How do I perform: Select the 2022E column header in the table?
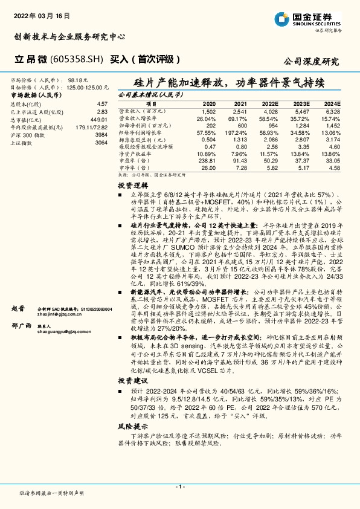pyautogui.click(x=269, y=104)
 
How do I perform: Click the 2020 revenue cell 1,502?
pyautogui.click(x=208, y=112)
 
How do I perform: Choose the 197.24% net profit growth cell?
pyautogui.click(x=238, y=132)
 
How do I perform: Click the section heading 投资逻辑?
pyautogui.click(x=132, y=186)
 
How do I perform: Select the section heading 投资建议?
pyautogui.click(x=132, y=381)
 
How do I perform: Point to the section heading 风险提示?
pyautogui.click(x=132, y=426)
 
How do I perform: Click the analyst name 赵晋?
pyautogui.click(x=19, y=308)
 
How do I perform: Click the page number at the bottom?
pyautogui.click(x=179, y=486)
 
